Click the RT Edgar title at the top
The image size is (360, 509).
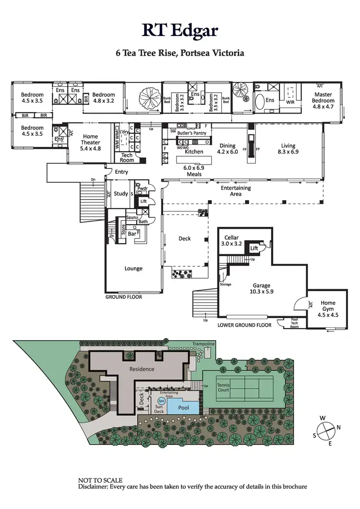[x=180, y=30]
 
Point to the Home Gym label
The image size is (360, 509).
[x=328, y=306]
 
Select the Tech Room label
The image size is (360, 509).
[x=127, y=158]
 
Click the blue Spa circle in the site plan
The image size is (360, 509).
[x=162, y=400]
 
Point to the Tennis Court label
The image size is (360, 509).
[x=224, y=387]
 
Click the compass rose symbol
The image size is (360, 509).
[x=325, y=428]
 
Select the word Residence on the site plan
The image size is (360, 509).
[x=142, y=369]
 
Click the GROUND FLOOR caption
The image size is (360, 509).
[x=124, y=297]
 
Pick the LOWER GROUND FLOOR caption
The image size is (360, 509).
[x=244, y=325]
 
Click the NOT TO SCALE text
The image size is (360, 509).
[x=100, y=480]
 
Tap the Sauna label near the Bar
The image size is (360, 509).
[x=132, y=218]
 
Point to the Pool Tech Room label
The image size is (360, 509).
[x=294, y=323]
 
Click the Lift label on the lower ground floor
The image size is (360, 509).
[x=253, y=248]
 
